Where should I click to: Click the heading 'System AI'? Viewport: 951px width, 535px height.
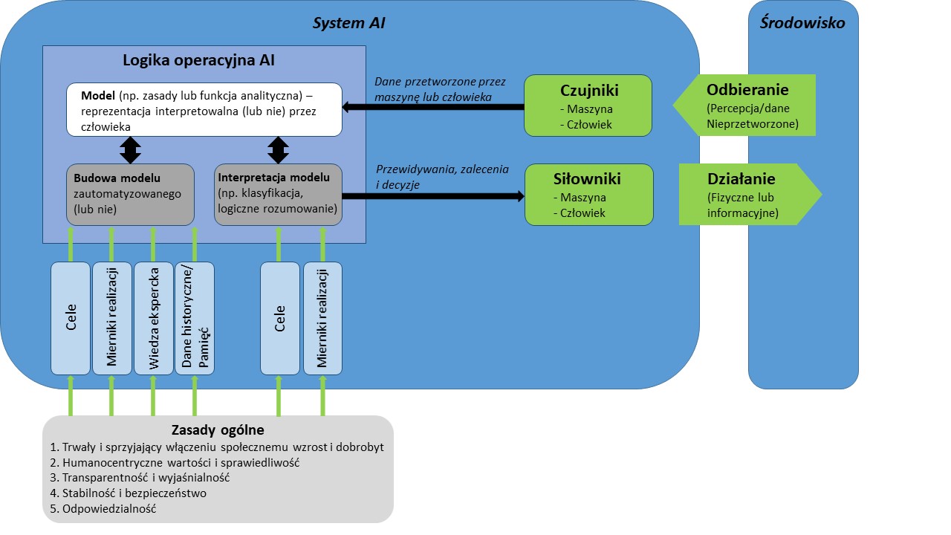click(348, 24)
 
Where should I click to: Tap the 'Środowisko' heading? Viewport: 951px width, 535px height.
click(802, 22)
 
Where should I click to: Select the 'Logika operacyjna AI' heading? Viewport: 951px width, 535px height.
click(198, 61)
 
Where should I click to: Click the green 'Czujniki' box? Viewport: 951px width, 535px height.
click(588, 106)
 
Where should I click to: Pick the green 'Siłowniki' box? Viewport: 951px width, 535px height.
click(588, 195)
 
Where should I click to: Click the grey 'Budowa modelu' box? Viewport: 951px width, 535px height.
click(130, 195)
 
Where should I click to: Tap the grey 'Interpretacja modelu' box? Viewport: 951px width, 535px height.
click(278, 195)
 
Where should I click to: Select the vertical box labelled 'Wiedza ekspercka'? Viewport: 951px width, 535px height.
click(153, 318)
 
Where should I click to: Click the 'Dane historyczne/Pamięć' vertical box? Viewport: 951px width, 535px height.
click(195, 318)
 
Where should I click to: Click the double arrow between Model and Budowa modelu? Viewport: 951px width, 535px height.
click(131, 150)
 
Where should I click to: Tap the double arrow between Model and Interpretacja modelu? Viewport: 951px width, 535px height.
click(278, 150)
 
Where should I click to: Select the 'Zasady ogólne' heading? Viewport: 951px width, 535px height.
click(218, 430)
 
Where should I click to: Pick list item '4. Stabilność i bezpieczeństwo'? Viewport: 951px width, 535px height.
click(128, 493)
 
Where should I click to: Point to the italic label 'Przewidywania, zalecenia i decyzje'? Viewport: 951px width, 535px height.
click(442, 177)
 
